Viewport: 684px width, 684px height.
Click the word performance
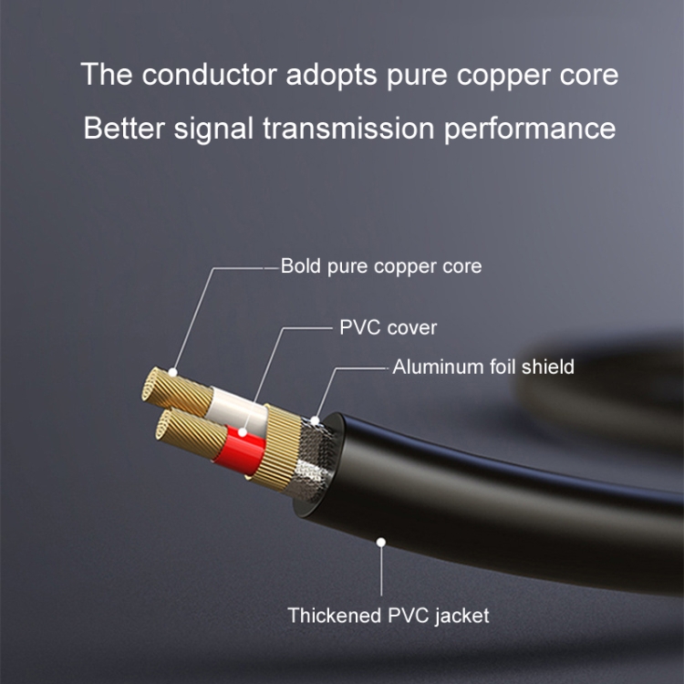coord(530,129)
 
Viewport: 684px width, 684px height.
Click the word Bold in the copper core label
coord(299,266)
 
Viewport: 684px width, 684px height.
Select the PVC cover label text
coord(389,327)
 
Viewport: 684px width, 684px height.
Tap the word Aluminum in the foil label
coord(437,367)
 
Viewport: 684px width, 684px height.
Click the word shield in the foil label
coord(545,367)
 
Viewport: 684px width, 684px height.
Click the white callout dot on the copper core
coord(173,375)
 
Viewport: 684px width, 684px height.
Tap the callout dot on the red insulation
coord(243,431)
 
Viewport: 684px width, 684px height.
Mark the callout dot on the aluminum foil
coord(315,421)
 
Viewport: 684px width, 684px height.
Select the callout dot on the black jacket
coord(381,542)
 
